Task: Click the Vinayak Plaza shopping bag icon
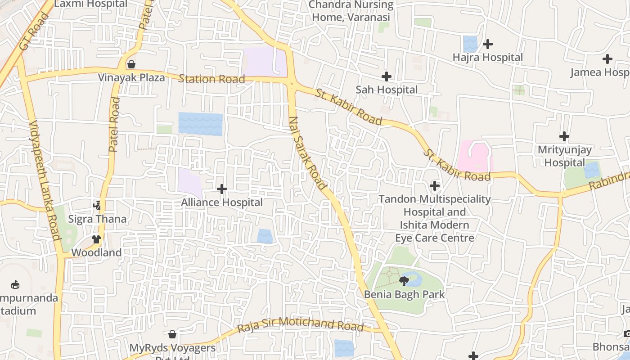[131, 64]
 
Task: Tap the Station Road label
[211, 79]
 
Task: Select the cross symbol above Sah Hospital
[386, 76]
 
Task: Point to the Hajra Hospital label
[488, 58]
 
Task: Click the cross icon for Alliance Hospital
[222, 189]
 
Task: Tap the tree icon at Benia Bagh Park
[404, 281]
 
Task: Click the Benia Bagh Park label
[404, 295]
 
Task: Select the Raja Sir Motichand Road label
[300, 324]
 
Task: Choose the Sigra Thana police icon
[97, 206]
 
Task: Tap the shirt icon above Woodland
[96, 239]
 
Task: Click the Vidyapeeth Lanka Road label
[45, 180]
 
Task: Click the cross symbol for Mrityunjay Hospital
[564, 136]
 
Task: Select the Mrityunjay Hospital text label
[564, 156]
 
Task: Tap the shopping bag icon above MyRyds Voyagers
[172, 334]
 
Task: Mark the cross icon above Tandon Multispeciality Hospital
[434, 185]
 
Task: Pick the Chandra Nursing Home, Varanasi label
[351, 11]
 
